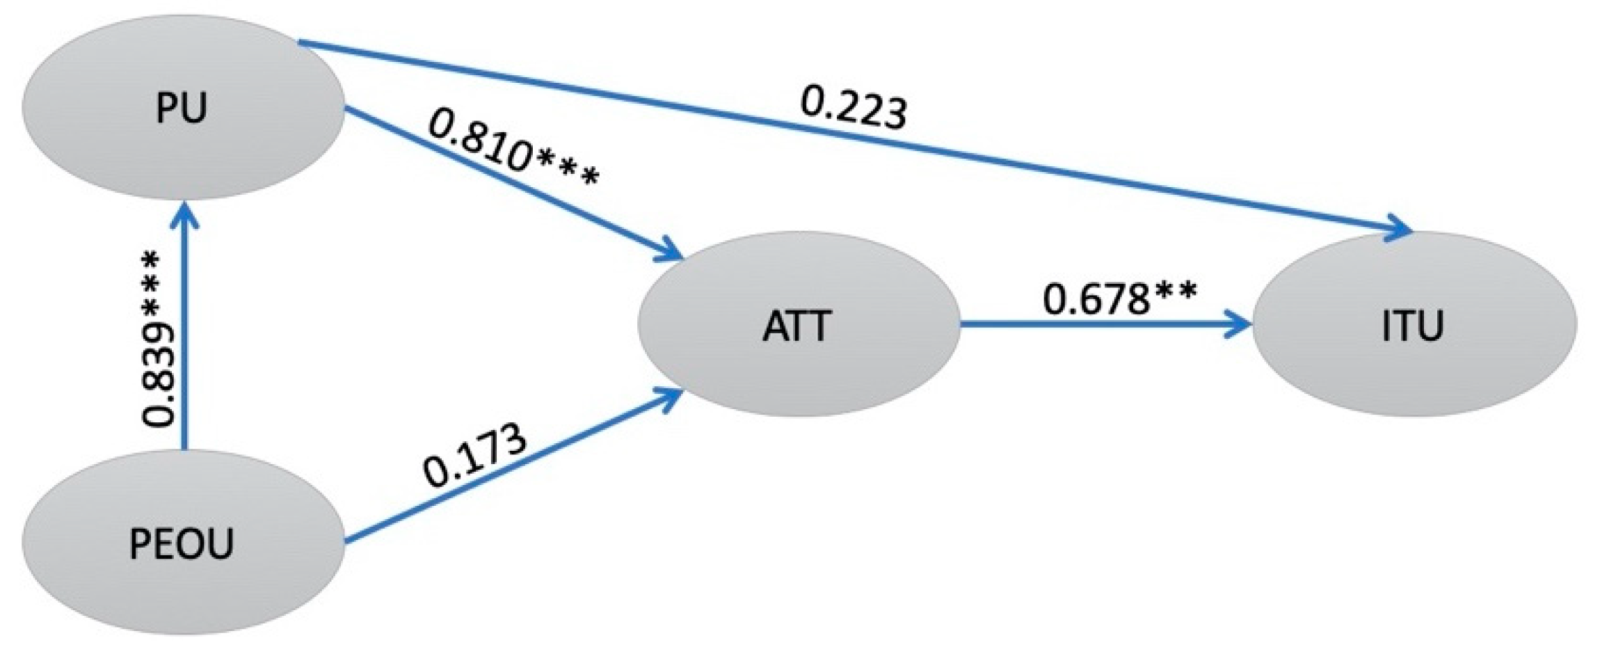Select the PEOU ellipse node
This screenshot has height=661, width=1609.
(182, 543)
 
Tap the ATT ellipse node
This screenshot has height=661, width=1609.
(799, 326)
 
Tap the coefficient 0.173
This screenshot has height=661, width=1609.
(474, 456)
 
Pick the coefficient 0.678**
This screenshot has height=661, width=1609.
(1120, 298)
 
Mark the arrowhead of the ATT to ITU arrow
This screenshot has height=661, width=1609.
(1242, 325)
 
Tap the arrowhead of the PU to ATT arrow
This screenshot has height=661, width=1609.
(671, 255)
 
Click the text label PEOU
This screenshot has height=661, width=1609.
(182, 544)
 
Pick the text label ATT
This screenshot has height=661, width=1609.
(797, 326)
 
